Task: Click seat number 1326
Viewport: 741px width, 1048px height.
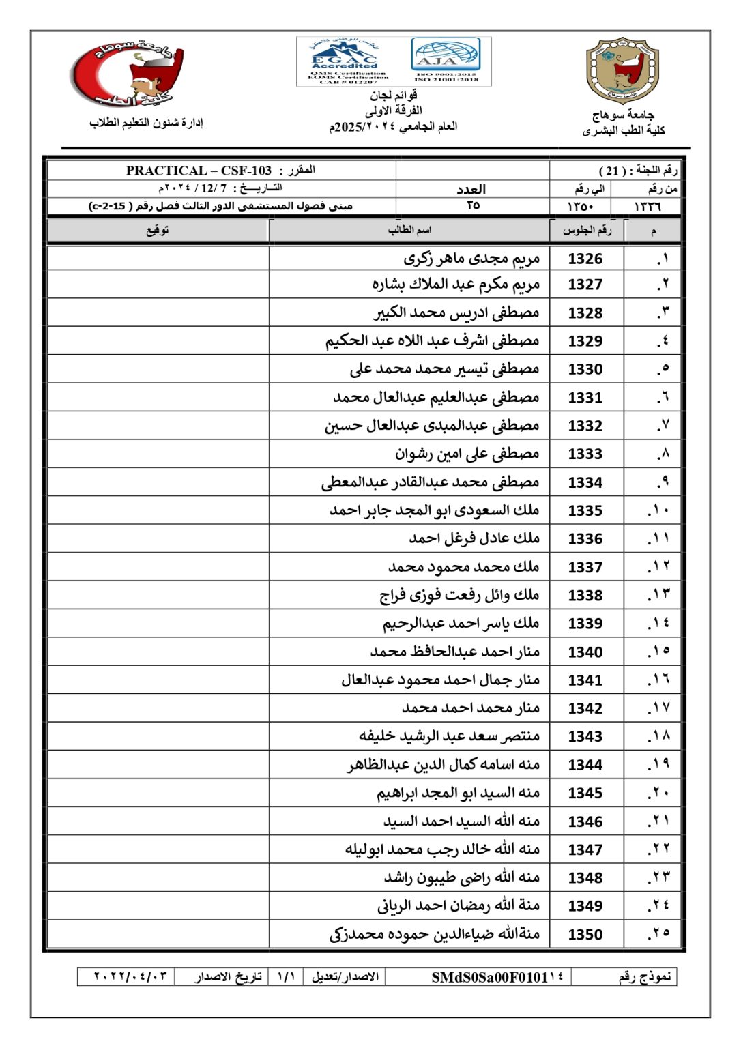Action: pos(585,259)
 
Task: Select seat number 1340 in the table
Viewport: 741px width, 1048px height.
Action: pos(585,652)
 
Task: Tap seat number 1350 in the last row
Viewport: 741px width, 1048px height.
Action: pos(585,934)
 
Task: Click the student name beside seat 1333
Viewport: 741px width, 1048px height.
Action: pos(467,454)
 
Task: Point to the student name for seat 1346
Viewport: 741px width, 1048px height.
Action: pos(461,821)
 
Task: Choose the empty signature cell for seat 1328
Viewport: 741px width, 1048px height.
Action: pos(158,312)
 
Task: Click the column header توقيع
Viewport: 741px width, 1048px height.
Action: pos(158,230)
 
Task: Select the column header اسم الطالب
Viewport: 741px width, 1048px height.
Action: pos(409,230)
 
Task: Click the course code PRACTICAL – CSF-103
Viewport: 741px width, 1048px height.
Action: pos(199,171)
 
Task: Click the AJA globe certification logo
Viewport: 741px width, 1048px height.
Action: pos(446,60)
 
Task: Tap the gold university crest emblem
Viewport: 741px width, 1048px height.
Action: pos(622,70)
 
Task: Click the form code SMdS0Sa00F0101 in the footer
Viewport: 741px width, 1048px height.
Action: pos(497,977)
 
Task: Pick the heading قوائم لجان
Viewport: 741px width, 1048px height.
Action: pos(394,96)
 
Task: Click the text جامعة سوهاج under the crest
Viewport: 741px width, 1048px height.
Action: pos(623,115)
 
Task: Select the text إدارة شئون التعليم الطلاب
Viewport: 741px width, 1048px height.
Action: pos(146,123)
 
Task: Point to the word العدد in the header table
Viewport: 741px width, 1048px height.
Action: pos(471,189)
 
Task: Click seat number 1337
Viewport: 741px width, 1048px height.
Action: pos(585,567)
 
